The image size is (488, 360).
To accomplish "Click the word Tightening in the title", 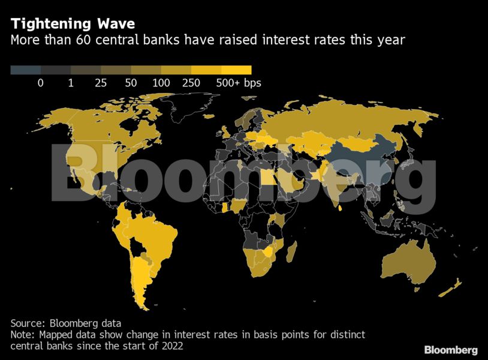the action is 51,24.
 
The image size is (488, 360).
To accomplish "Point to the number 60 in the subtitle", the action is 83,40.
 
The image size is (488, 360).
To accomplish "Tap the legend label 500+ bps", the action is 239,83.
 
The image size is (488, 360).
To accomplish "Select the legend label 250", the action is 191,83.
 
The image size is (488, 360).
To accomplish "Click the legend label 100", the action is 161,83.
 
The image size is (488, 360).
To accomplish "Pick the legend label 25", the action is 101,83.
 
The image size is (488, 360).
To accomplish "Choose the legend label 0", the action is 40,83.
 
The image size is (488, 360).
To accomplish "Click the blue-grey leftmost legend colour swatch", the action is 26,70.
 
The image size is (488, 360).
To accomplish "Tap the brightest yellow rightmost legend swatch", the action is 237,70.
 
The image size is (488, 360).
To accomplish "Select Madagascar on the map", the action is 291,252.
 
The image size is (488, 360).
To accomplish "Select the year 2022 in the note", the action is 172,346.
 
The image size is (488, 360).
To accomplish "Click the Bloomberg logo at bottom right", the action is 451,350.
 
